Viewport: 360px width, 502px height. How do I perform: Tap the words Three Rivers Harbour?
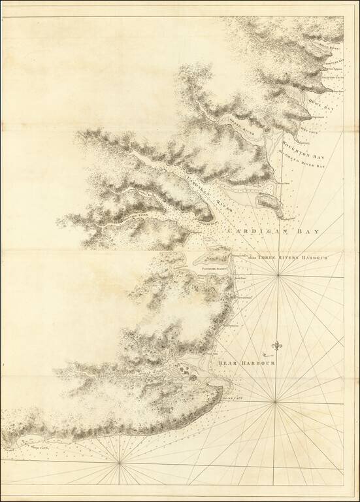pyautogui.click(x=293, y=257)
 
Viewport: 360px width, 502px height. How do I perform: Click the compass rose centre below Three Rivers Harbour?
pyautogui.click(x=278, y=275)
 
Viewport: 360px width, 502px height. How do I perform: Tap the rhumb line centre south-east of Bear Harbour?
pyautogui.click(x=275, y=401)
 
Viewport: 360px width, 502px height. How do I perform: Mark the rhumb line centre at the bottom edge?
pyautogui.click(x=119, y=463)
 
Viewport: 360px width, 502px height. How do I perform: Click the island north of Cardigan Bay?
pyautogui.click(x=269, y=202)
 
